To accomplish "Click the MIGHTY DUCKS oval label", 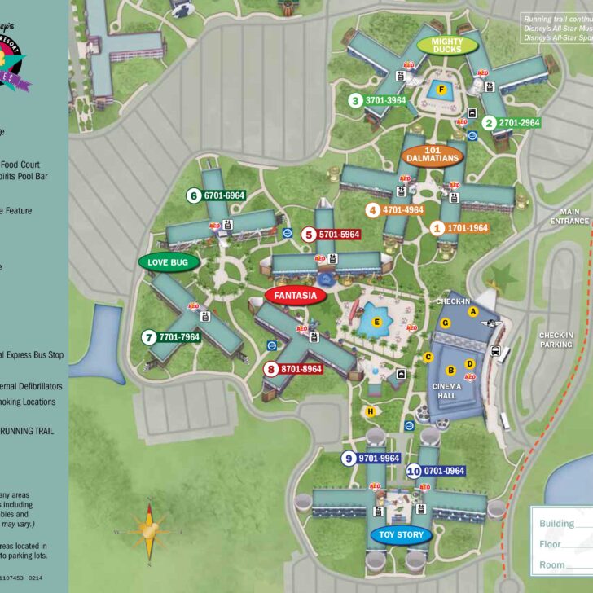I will [446, 45].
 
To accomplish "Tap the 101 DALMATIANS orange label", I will [433, 154].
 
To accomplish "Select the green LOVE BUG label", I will [169, 261].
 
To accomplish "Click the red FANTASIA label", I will [295, 296].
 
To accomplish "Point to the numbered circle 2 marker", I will [489, 123].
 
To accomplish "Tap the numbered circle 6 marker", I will [194, 195].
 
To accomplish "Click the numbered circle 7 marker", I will [148, 337].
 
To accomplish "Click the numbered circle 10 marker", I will [414, 471].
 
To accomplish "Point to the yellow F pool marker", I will [441, 90].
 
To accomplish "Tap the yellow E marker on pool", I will [376, 323].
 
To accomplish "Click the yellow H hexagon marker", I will [371, 411].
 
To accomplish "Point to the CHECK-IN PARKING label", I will [557, 339].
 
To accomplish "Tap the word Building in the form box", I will [557, 524].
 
